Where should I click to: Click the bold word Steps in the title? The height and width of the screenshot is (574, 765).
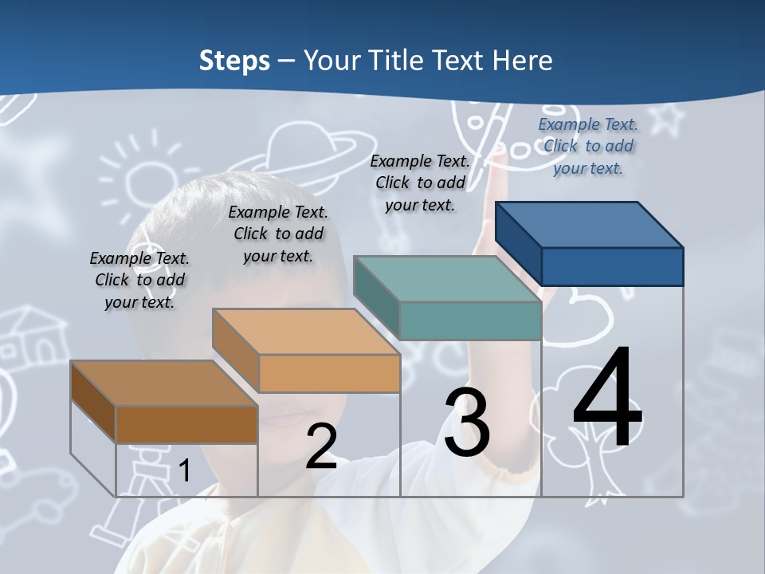[233, 61]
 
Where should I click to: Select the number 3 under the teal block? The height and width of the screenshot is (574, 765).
[467, 423]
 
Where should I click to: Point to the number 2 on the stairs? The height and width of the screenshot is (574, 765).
[321, 446]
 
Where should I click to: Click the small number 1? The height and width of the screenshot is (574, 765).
[184, 471]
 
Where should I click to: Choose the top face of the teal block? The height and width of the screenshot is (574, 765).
[447, 279]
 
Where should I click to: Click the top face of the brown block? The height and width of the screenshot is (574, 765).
[164, 383]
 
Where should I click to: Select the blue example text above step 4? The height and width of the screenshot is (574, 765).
[588, 146]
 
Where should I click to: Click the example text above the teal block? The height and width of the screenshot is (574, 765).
[420, 183]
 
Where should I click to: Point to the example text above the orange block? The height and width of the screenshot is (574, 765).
[278, 234]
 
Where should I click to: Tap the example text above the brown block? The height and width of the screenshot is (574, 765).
[139, 280]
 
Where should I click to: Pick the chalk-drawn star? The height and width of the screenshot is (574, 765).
[671, 120]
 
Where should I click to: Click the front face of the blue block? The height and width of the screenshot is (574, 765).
[612, 266]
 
